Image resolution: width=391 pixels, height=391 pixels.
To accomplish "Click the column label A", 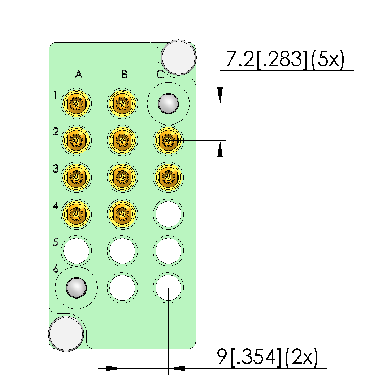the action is point(79,74).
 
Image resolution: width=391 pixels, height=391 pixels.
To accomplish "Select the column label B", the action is point(125,74).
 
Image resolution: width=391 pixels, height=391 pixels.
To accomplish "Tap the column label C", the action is point(160,74).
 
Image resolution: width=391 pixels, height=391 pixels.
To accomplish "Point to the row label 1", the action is point(55,95).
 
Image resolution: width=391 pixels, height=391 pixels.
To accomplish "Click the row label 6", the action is point(56,269).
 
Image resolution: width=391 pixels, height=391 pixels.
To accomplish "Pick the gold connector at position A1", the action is point(76,104).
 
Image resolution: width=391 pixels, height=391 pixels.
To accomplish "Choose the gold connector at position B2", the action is point(122,140).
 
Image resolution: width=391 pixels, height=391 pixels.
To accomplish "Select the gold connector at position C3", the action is point(168,177).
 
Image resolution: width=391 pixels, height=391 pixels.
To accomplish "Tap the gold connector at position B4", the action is point(122,214).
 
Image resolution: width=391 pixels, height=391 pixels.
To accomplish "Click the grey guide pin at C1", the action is point(168,104).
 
